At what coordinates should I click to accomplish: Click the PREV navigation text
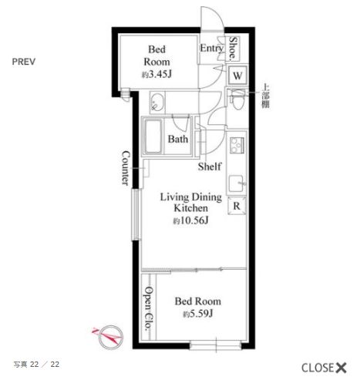point(24,62)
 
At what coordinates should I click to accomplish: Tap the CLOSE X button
point(324,368)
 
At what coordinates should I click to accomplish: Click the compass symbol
point(109,337)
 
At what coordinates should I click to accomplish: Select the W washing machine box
point(237,76)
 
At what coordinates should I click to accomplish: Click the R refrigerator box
point(237,206)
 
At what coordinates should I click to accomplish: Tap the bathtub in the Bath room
point(153,136)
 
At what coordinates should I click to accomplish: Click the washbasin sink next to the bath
point(157,103)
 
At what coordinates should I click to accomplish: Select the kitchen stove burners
point(237,146)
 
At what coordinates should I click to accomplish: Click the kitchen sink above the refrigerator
point(236,183)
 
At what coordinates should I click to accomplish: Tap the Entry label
point(211,49)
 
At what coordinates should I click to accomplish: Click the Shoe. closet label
point(233,49)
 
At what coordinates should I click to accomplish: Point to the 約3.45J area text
point(156,75)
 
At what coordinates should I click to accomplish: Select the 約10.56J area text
point(190,220)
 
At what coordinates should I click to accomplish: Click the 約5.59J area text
point(198,314)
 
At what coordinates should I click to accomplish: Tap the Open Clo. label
point(149,308)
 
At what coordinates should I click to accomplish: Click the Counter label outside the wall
point(126,168)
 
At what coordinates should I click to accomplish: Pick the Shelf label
point(210,166)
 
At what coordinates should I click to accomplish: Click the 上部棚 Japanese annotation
point(265,96)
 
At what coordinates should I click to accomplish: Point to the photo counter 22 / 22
point(36,365)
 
